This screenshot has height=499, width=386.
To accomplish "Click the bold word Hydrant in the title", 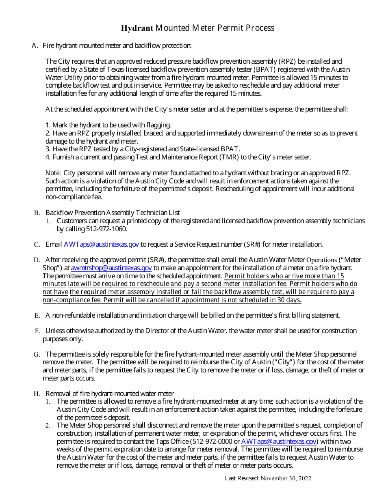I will [137, 28].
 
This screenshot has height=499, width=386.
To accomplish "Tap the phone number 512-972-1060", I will [106, 229].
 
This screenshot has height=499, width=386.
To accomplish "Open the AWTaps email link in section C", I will [101, 244].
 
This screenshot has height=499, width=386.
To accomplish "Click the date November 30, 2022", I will [286, 478].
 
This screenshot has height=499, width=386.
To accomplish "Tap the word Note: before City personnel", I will [53, 173].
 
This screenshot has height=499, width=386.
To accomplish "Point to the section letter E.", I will [37, 315].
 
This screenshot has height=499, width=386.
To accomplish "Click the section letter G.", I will [37, 355].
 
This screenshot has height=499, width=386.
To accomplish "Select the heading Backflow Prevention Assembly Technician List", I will [113, 213].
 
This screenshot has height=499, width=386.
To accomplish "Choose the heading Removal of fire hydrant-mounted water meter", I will [109, 393].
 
